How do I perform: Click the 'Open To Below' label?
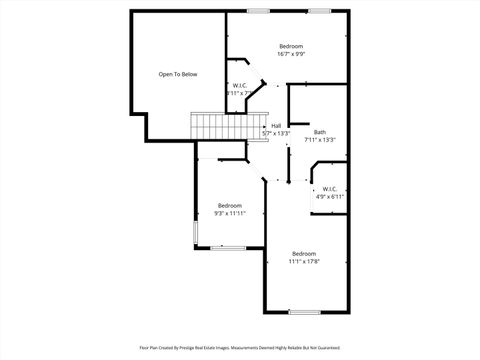(178, 74)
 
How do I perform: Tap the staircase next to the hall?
(211, 127)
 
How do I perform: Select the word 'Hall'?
(276, 125)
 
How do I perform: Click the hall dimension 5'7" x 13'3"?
(276, 133)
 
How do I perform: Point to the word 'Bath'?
(319, 132)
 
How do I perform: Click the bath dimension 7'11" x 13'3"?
(319, 140)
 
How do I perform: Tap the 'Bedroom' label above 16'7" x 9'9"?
(291, 47)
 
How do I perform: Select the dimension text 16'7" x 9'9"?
(291, 55)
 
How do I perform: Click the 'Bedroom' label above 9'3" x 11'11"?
(230, 206)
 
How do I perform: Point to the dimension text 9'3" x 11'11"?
(230, 214)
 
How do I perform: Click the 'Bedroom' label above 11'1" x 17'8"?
(304, 254)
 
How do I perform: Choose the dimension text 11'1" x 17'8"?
(304, 262)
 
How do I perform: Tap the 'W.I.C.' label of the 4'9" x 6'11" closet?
(329, 189)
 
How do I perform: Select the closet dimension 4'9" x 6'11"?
(329, 197)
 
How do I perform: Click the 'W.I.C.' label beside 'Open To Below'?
(240, 85)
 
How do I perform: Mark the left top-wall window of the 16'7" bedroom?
(259, 11)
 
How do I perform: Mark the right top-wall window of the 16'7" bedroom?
(323, 11)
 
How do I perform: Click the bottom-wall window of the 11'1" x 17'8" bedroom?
(304, 313)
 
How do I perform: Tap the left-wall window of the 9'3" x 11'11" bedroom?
(196, 232)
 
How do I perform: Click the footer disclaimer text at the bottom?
(240, 348)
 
